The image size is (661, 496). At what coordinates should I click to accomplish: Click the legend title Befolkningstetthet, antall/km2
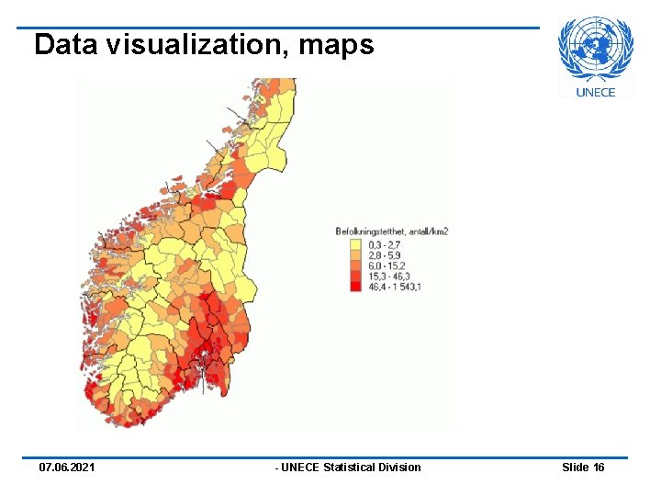[x=391, y=232]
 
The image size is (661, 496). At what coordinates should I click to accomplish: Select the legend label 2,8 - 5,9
[x=384, y=255]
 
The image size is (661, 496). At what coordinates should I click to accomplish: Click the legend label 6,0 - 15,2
[x=386, y=265]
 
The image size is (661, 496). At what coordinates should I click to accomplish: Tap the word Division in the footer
[x=400, y=468]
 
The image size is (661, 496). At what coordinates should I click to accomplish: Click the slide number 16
[x=599, y=468]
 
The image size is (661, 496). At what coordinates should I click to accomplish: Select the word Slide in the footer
[x=576, y=468]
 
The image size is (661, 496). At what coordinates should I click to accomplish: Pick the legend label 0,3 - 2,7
[x=383, y=245]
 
